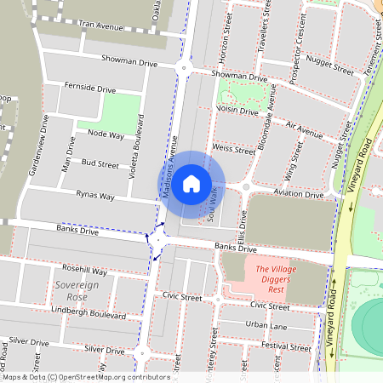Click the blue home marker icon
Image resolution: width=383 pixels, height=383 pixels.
coord(191,183)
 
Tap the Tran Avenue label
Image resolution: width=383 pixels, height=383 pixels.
coord(101,26)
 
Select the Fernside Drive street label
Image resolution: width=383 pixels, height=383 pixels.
coord(89,88)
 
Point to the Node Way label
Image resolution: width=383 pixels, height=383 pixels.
coord(106,134)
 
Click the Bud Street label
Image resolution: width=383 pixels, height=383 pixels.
coord(100,163)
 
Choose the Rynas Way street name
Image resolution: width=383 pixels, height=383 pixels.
coord(95,196)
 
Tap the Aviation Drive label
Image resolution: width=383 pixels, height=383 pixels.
coord(299,194)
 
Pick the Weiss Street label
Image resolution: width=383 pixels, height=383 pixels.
coord(233,148)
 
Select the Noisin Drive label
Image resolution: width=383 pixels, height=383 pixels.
coord(237,110)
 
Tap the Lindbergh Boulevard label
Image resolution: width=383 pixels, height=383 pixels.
coord(82,315)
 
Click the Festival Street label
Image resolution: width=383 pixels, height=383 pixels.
coord(287,346)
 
